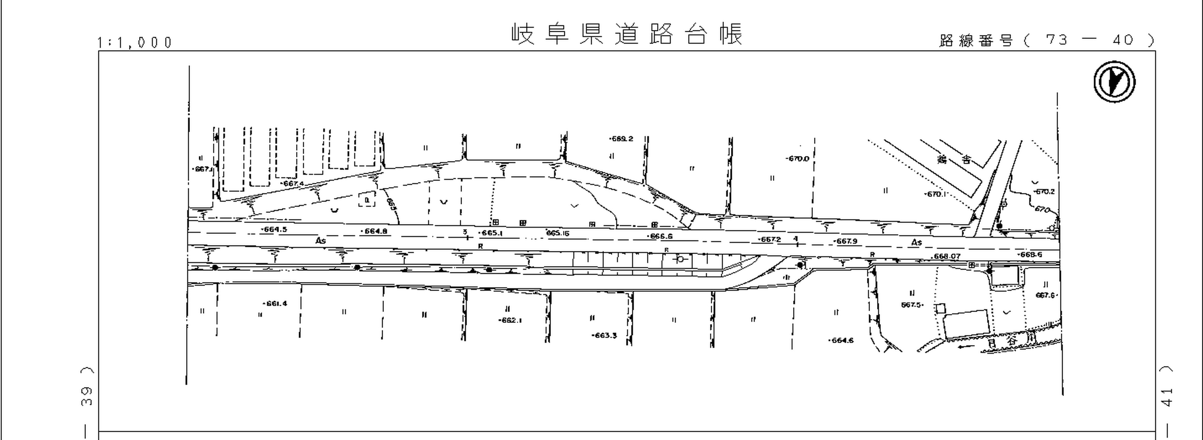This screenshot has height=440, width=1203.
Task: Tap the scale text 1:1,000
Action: (135, 43)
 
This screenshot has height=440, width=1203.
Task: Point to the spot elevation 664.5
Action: (274, 229)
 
